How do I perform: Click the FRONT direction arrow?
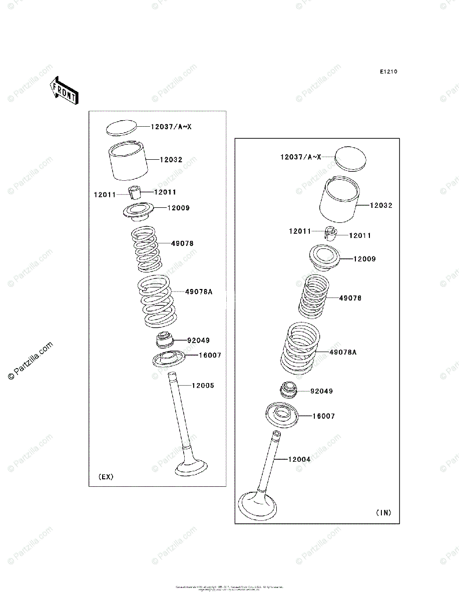[64, 90]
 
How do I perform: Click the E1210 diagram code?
[388, 72]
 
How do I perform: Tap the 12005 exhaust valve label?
[203, 386]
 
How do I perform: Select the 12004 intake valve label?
[299, 459]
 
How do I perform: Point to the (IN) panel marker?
[383, 512]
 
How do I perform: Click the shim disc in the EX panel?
[122, 127]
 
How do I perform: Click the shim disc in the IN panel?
[350, 158]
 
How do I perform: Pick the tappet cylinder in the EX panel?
[130, 161]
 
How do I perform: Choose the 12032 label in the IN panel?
[382, 205]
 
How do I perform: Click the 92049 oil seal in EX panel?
[164, 342]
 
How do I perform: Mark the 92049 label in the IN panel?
[321, 391]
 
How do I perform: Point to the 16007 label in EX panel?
[210, 355]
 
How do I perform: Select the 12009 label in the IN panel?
[364, 259]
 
